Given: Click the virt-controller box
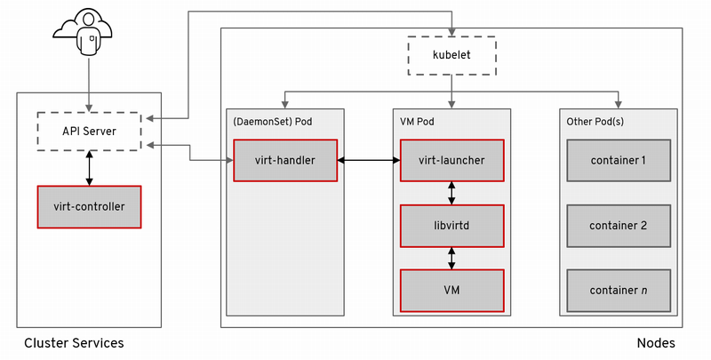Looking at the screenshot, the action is [x=90, y=207].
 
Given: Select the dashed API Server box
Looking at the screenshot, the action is [x=90, y=132].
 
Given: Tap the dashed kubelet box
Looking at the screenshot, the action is [x=451, y=55].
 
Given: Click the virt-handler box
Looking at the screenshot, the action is [x=285, y=160].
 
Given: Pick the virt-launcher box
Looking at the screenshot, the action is [x=451, y=160].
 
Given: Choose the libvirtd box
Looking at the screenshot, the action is [x=451, y=226].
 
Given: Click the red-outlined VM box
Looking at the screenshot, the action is [x=451, y=290].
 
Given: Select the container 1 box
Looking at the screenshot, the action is [x=619, y=160].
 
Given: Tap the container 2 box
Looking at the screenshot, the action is [x=619, y=226].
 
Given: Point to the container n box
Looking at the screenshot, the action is [x=619, y=290].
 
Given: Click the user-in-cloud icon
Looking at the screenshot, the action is [x=83, y=33].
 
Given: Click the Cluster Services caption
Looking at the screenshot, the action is [x=74, y=343].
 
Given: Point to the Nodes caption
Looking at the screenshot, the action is [x=656, y=343].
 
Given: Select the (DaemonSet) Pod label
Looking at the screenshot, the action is [x=273, y=122].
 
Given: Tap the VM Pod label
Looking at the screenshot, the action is [x=417, y=122].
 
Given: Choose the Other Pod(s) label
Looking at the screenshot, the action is [x=595, y=122].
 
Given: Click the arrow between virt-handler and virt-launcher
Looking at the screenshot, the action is [x=369, y=160].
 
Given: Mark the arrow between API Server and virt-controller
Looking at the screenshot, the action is [x=90, y=168].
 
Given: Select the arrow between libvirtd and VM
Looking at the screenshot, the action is [x=451, y=259].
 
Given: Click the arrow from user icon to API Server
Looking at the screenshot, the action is [x=89, y=84].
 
